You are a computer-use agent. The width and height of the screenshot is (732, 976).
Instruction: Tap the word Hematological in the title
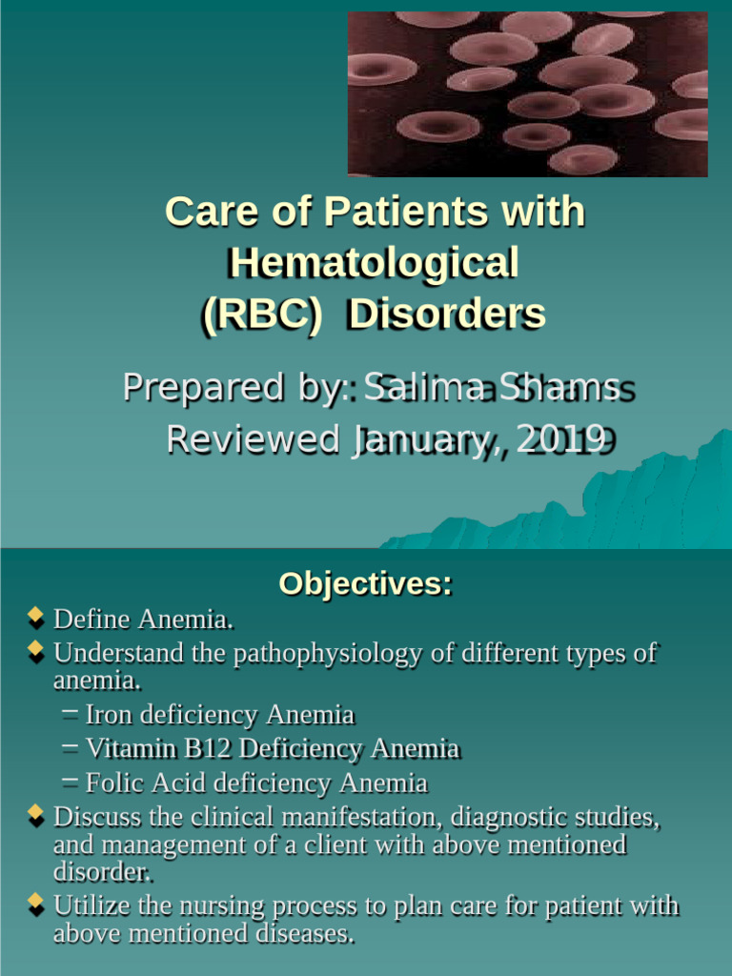click(x=374, y=262)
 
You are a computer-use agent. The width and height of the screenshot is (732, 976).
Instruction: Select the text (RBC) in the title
click(x=260, y=314)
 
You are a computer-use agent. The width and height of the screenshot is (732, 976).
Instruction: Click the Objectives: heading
click(x=365, y=583)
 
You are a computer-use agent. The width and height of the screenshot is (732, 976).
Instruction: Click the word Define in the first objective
click(x=92, y=620)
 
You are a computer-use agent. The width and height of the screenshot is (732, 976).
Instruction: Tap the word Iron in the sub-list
click(x=107, y=715)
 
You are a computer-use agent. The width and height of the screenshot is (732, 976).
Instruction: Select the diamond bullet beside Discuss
click(x=36, y=816)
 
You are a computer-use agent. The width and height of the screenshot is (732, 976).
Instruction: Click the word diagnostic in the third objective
click(x=508, y=818)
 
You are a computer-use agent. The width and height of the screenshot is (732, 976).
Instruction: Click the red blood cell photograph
click(x=527, y=94)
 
